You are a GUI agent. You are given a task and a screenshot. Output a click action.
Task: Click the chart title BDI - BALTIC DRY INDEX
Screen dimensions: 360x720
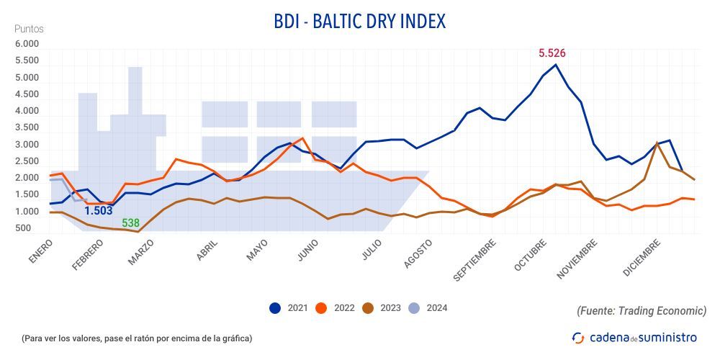359,22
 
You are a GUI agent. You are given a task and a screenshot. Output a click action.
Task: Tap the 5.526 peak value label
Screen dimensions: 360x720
553,53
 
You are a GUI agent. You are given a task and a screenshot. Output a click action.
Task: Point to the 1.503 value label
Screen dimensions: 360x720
99,211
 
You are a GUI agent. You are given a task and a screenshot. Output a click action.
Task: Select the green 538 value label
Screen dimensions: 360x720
130,223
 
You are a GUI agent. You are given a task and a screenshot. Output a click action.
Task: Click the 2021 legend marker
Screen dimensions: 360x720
275,308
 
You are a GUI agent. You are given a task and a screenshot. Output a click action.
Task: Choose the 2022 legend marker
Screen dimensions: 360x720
322,308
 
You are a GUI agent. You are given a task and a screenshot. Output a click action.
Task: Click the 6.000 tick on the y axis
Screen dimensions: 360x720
27,45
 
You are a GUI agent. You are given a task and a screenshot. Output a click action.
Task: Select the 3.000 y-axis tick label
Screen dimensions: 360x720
27,145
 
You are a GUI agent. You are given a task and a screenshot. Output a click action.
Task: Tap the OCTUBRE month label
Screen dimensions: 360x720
530,256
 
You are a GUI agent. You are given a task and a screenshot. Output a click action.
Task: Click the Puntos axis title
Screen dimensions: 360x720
29,29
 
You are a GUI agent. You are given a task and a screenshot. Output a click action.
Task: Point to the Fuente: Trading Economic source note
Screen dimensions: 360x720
641,310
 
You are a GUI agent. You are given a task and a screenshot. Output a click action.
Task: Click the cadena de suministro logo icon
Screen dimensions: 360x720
578,337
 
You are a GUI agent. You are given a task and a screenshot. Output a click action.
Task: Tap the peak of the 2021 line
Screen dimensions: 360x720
555,65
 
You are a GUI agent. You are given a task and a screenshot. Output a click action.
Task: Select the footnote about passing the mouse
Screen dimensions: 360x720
137,338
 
